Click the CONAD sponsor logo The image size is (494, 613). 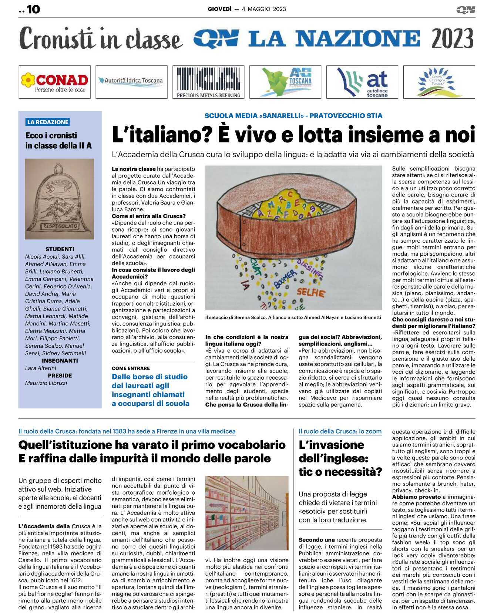(x=54, y=82)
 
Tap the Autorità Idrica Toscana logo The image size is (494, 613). (x=131, y=82)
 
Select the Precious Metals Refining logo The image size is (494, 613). (x=208, y=82)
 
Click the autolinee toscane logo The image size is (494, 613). (x=362, y=82)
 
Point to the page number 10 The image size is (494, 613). (x=33, y=9)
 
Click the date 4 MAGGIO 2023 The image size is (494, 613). (x=264, y=9)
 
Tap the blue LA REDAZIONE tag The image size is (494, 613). (x=48, y=122)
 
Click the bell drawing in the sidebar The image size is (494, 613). (x=60, y=199)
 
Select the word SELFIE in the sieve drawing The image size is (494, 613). (x=310, y=293)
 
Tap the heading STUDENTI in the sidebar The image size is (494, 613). (x=60, y=249)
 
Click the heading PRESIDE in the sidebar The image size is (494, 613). (x=60, y=375)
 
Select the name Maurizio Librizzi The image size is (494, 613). (x=46, y=383)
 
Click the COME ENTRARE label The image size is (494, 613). (x=131, y=368)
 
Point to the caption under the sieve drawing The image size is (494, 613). (x=293, y=317)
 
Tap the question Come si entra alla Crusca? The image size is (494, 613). (x=149, y=216)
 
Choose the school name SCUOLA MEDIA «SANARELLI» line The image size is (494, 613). (x=293, y=116)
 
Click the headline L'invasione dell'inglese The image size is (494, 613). (x=340, y=458)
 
